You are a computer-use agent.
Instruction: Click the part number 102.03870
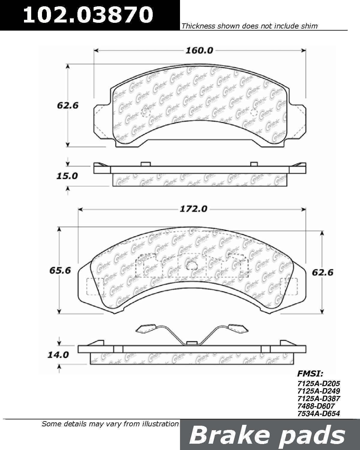[88, 15]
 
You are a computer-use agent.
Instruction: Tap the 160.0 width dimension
[199, 51]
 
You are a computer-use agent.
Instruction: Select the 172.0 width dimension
[193, 209]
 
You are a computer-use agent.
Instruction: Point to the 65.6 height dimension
[60, 271]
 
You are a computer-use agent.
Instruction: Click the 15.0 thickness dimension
[67, 176]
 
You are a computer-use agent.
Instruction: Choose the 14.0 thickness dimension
[58, 355]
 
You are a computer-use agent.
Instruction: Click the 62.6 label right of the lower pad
[322, 273]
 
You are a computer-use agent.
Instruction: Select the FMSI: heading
[310, 374]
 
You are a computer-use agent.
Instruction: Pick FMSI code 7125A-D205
[319, 383]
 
